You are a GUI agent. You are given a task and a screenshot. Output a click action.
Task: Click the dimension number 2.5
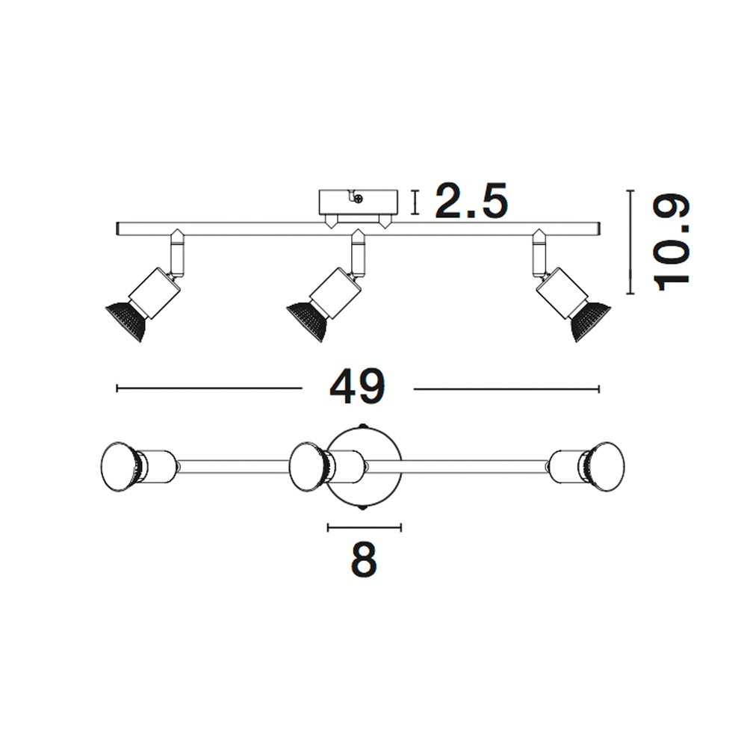(471, 202)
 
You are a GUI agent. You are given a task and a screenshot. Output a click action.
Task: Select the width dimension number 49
(357, 387)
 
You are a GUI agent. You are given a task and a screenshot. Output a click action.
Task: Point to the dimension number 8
(364, 560)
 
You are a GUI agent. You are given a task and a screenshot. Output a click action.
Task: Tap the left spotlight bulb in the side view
(125, 321)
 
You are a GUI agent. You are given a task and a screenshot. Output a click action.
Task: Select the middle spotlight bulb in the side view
(306, 321)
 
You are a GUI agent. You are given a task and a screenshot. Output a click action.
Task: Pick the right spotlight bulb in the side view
(591, 321)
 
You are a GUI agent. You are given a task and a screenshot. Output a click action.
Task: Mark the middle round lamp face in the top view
(308, 467)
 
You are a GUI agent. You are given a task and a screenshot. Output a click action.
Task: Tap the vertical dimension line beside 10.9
(631, 242)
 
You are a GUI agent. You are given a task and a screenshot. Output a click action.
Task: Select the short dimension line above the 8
(365, 527)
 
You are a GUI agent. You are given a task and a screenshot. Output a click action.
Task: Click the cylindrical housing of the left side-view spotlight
(155, 293)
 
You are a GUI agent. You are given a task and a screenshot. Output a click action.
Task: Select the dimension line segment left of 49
(209, 388)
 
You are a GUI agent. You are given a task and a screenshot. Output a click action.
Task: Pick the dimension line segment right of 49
(506, 389)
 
